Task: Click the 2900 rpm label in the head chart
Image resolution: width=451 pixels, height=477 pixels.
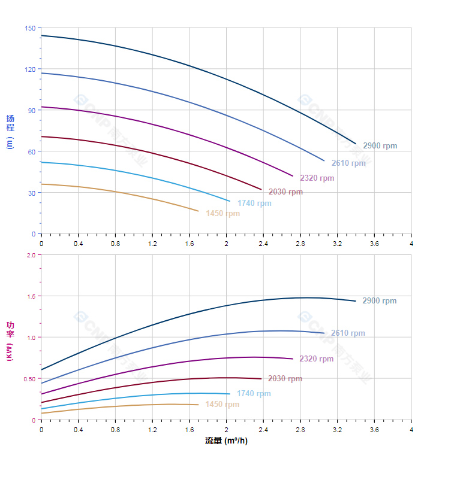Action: pos(380,146)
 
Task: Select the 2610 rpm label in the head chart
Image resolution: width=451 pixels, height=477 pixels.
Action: pos(348,163)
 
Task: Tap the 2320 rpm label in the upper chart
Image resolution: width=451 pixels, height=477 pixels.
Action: pos(317,178)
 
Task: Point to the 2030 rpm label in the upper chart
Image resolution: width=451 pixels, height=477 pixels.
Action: pos(285,192)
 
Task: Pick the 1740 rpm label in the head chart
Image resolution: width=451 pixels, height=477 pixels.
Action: pos(254,203)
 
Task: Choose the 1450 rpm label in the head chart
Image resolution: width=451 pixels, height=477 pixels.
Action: pos(223,214)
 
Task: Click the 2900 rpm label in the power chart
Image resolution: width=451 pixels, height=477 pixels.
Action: pos(380,301)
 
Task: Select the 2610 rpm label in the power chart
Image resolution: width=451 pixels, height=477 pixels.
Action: pos(348,333)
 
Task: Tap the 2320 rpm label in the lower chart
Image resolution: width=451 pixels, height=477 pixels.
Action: pos(317,359)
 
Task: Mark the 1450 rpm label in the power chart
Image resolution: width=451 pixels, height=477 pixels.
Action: pos(222,405)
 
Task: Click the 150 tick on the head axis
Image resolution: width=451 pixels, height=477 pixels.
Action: pos(30,28)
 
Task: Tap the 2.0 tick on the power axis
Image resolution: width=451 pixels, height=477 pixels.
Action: pos(31,255)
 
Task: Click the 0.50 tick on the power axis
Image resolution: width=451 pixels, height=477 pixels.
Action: pos(29,379)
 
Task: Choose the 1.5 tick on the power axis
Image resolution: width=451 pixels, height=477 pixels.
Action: pos(31,296)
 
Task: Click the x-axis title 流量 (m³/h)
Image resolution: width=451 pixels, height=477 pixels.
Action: pos(226,441)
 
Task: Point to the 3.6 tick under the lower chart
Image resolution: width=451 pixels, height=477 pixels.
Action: pos(374,430)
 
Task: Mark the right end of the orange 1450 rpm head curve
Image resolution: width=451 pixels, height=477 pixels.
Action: pos(198,211)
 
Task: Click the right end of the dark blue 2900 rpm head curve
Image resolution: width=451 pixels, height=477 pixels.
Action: pos(356,144)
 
